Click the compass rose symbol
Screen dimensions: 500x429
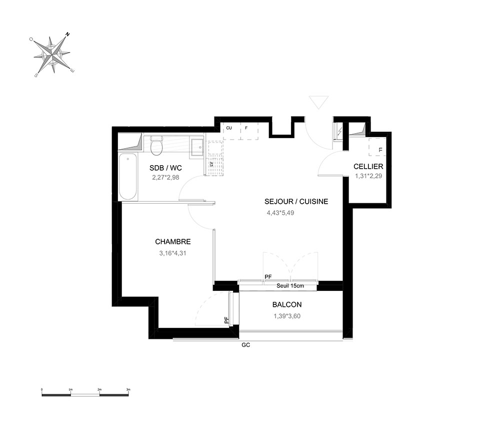[x=52, y=55]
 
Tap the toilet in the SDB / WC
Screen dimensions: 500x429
[x=156, y=146]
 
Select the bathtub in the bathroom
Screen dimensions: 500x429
[x=128, y=177]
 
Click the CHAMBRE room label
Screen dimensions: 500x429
[x=173, y=242]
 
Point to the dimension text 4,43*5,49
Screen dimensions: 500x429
[x=280, y=213]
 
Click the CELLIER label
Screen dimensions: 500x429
[x=368, y=166]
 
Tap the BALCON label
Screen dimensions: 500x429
[x=287, y=304]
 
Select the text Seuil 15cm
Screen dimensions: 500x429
[x=290, y=286]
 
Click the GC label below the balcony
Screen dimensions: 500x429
[x=246, y=345]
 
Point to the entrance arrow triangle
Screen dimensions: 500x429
[x=319, y=102]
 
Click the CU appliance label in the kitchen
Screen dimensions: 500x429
[x=229, y=128]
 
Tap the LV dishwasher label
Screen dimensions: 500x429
[x=211, y=164]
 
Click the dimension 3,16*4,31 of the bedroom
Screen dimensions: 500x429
[x=173, y=253]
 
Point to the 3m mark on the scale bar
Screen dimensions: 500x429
[x=128, y=389]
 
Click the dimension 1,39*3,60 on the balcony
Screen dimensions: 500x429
[x=287, y=316]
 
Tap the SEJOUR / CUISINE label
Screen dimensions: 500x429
[x=296, y=201]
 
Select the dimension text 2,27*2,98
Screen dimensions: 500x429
[x=165, y=178]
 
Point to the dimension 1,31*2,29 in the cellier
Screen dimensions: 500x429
[x=368, y=176]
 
